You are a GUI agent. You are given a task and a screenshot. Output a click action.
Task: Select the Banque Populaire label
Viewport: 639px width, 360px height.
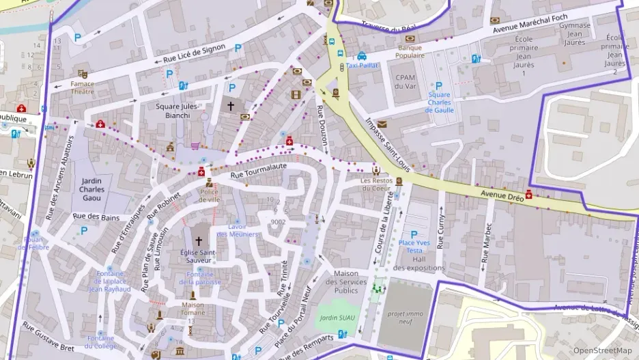point(410,52)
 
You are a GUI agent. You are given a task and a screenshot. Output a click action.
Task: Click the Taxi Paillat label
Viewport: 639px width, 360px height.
point(362,66)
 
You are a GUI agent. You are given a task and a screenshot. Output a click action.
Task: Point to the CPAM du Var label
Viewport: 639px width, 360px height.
point(405,82)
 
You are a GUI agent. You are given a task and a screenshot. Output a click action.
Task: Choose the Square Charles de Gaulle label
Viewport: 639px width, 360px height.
point(440,102)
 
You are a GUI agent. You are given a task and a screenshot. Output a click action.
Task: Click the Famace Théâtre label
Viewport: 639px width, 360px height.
point(83,87)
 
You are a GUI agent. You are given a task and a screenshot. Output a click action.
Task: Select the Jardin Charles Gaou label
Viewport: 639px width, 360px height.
point(90,189)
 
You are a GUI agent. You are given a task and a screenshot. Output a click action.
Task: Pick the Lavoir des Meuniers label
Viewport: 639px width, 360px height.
point(238,230)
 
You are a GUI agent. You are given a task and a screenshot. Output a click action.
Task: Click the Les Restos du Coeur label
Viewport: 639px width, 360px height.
point(376,184)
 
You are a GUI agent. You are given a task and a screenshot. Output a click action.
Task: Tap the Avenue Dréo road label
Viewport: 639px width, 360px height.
point(501,196)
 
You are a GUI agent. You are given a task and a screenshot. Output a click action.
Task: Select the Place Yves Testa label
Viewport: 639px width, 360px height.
point(414,247)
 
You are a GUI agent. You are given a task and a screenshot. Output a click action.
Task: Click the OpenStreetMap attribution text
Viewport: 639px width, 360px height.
point(602,350)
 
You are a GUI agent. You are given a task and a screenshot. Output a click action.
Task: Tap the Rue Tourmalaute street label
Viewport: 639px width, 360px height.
point(258,171)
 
